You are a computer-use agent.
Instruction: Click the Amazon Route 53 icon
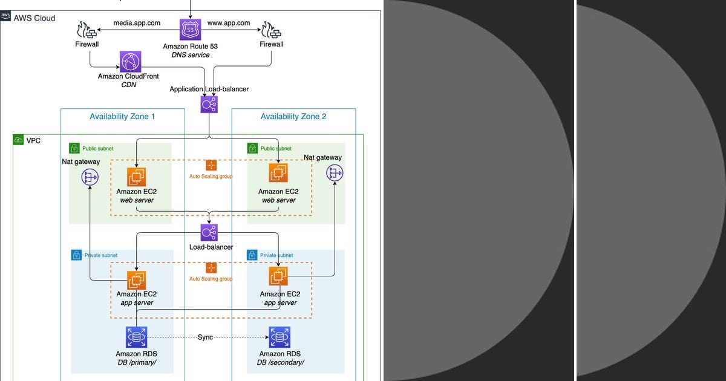pyautogui.click(x=190, y=30)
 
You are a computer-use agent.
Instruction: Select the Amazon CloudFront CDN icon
pyautogui.click(x=130, y=62)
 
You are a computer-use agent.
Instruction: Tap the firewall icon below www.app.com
pyautogui.click(x=271, y=30)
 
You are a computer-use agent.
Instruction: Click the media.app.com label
pyautogui.click(x=137, y=23)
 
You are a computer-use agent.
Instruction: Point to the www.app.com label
pyautogui.click(x=229, y=23)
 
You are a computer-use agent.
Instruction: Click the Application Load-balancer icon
pyautogui.click(x=209, y=105)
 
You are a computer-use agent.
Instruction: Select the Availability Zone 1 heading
pyautogui.click(x=122, y=116)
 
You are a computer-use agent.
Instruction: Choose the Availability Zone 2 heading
pyautogui.click(x=293, y=116)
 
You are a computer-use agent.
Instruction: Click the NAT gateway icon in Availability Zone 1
pyautogui.click(x=90, y=177)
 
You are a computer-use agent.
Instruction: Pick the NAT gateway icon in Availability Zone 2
pyautogui.click(x=334, y=173)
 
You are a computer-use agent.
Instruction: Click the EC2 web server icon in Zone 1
pyautogui.click(x=136, y=177)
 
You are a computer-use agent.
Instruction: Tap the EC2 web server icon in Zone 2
pyautogui.click(x=278, y=173)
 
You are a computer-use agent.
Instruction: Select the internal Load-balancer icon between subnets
pyautogui.click(x=209, y=233)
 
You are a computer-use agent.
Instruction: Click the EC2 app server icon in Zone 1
pyautogui.click(x=136, y=279)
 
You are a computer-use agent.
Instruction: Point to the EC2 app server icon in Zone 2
pyautogui.click(x=278, y=276)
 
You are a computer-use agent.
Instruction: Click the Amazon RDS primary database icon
pyautogui.click(x=136, y=337)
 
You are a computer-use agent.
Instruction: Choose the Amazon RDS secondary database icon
pyautogui.click(x=280, y=337)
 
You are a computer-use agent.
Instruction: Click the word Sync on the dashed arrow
pyautogui.click(x=205, y=337)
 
